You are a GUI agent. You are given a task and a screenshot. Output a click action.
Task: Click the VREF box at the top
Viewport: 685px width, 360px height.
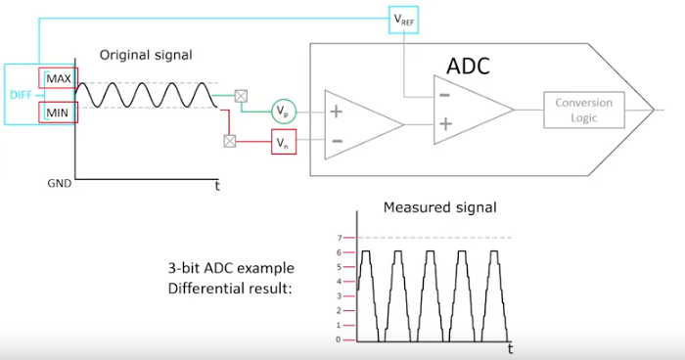pos(403,19)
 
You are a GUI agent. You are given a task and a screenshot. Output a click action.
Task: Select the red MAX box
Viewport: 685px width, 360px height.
pos(57,77)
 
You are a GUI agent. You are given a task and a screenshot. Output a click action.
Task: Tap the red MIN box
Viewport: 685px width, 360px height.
pos(57,112)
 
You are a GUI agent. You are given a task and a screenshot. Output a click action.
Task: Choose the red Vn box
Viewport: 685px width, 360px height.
pos(284,144)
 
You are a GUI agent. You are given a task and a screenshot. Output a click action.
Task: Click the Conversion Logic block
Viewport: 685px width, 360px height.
pos(583,111)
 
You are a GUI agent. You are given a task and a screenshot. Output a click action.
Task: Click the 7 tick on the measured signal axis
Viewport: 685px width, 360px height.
pos(338,237)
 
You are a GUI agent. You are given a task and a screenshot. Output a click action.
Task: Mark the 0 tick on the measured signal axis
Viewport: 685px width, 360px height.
pos(338,339)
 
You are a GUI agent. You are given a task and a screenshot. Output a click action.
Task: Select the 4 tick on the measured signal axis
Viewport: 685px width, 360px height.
pos(338,281)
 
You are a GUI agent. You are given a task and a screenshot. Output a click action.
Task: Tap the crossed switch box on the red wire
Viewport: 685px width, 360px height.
pos(230,141)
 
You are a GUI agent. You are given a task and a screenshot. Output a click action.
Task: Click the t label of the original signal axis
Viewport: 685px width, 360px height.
pos(217,185)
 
